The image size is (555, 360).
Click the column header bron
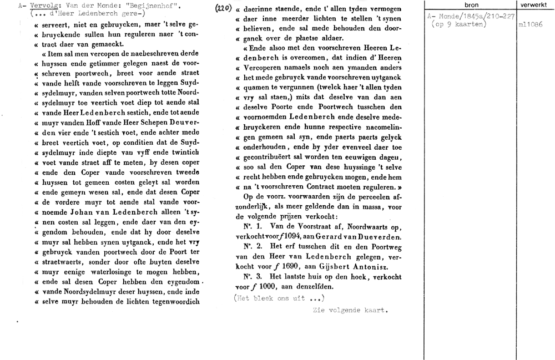click(470, 5)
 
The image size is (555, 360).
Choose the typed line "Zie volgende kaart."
click(350, 310)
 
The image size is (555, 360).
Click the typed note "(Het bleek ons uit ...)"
click(279, 298)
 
